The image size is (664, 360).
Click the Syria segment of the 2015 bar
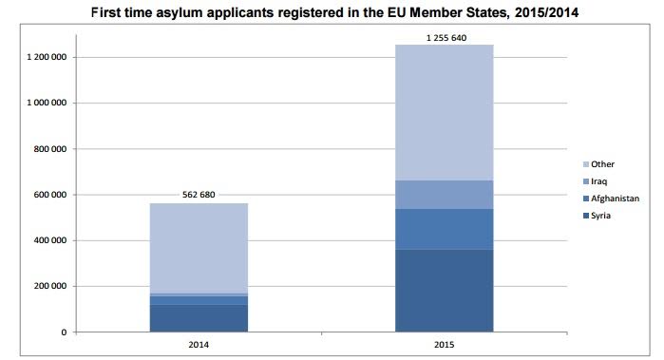click(445, 291)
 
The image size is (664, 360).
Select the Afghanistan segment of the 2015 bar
click(445, 230)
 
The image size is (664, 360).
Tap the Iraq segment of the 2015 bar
click(445, 195)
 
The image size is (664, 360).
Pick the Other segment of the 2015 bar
click(445, 113)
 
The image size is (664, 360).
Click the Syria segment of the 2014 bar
click(199, 318)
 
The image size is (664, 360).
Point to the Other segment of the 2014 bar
click(199, 248)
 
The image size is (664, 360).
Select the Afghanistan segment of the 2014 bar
click(199, 300)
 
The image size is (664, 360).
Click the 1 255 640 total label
click(446, 38)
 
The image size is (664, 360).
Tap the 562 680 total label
click(199, 195)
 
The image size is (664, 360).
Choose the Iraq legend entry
click(595, 181)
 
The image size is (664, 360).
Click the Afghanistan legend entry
click(611, 199)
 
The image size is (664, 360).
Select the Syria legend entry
click(597, 216)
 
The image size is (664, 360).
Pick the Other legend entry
click(598, 164)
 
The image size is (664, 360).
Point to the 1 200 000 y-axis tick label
click(47, 57)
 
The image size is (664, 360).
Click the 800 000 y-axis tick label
click(50, 149)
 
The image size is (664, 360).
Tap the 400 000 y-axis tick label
click(50, 240)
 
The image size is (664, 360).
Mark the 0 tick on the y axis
click(64, 332)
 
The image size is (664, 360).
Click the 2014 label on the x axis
click(199, 345)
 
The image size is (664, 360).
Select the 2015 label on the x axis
click(445, 345)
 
